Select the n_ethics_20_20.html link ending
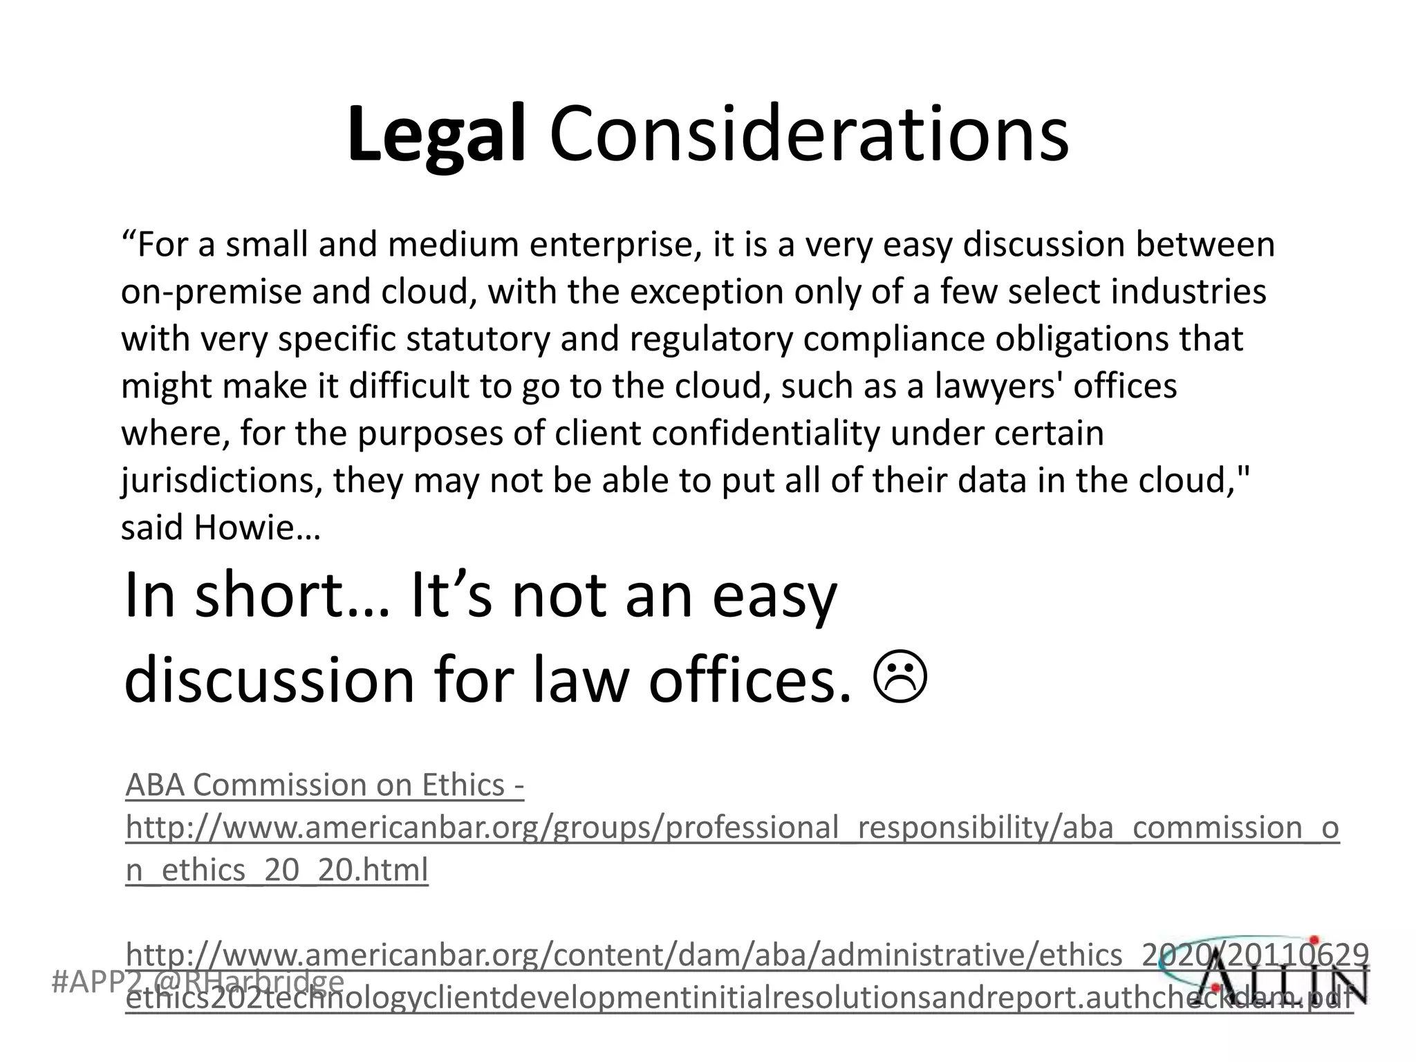[277, 870]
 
